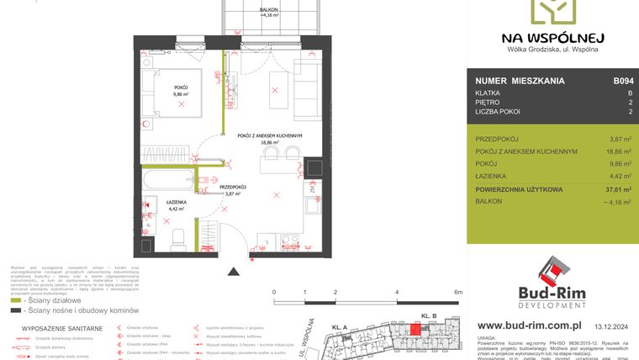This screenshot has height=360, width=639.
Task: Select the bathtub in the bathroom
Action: pyautogui.click(x=172, y=180)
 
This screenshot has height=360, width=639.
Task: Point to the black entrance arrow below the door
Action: pyautogui.click(x=232, y=271)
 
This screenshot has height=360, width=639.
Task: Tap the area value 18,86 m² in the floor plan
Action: pyautogui.click(x=269, y=143)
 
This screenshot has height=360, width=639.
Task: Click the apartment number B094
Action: pyautogui.click(x=623, y=81)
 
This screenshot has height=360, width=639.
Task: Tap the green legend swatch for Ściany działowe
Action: pyautogui.click(x=17, y=299)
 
